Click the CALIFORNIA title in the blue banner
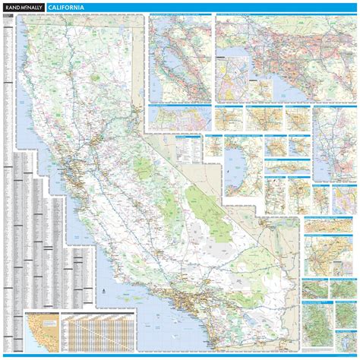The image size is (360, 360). click(x=66, y=8)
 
